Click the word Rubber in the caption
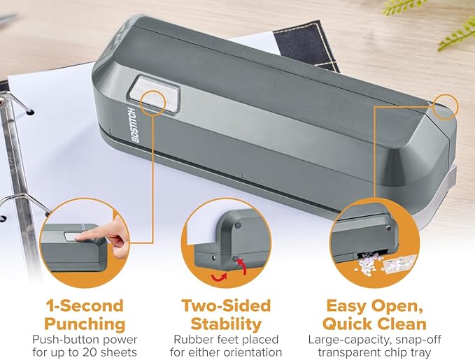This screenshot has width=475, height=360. [x=191, y=339]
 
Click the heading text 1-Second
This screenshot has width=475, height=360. [x=83, y=306]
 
